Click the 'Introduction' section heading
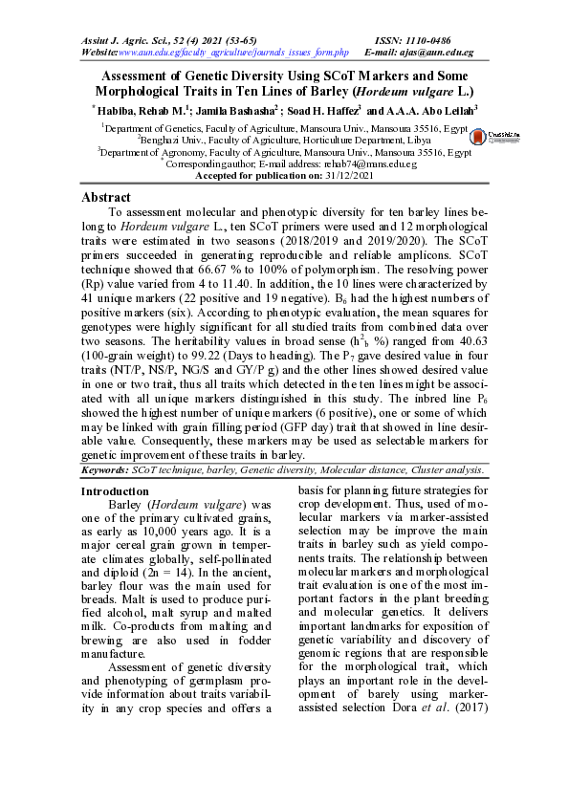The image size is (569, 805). pos(115,490)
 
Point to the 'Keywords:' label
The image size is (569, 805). pos(104,470)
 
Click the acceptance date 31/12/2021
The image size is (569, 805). pos(346,176)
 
